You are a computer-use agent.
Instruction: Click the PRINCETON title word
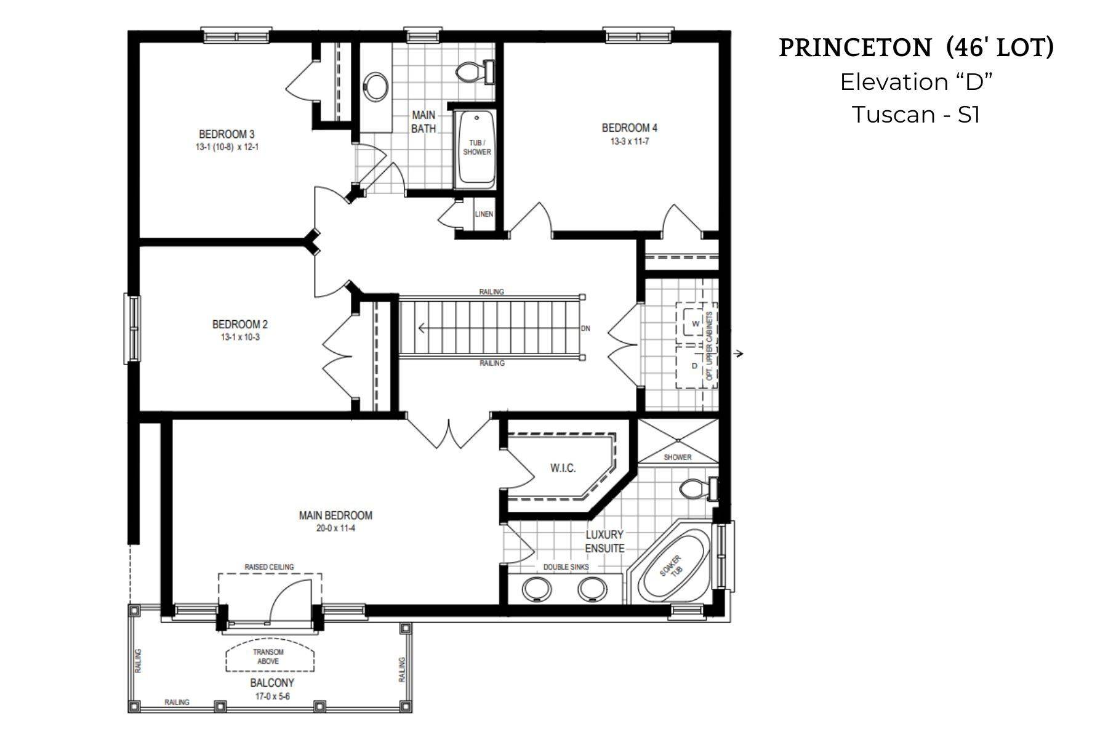[x=855, y=48]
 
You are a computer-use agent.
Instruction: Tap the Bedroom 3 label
[x=227, y=134]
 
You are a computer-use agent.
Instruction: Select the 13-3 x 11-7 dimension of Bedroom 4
[x=630, y=142]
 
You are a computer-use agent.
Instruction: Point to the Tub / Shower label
[x=477, y=148]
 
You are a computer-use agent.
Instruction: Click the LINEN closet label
[x=484, y=214]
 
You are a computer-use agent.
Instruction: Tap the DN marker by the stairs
[x=585, y=329]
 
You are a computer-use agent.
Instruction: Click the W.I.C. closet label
[x=563, y=469]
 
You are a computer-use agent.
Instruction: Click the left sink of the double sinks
[x=536, y=589]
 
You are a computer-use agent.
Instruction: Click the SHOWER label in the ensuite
[x=677, y=458]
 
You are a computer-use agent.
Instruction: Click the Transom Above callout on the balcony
[x=268, y=657]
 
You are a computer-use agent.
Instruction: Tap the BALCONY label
[x=272, y=683]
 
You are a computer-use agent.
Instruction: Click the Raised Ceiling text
[x=269, y=567]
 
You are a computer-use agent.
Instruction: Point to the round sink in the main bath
[x=375, y=86]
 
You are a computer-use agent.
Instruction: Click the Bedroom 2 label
[x=239, y=325]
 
